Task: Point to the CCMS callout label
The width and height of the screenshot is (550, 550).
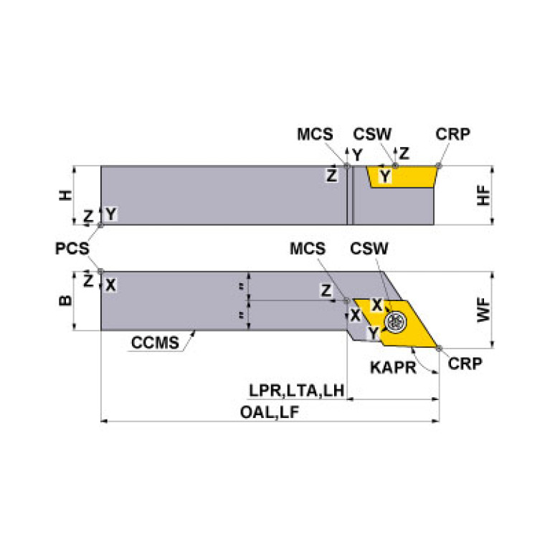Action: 155,342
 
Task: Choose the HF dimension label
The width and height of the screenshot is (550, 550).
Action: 485,195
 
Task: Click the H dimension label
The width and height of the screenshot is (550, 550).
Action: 65,195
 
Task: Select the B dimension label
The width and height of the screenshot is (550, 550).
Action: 65,301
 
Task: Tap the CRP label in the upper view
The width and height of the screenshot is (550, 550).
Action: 452,135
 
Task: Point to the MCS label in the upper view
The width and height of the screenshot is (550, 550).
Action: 315,135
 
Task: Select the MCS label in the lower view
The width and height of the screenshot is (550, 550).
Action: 308,249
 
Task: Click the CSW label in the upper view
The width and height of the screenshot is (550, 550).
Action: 372,135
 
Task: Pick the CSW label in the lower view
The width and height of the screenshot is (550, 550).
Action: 369,249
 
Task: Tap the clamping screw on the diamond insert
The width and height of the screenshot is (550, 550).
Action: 394,321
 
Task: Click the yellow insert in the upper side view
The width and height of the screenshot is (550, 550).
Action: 402,176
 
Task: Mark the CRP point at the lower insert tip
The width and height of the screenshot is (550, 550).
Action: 439,348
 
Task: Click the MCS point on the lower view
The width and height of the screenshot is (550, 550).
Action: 348,300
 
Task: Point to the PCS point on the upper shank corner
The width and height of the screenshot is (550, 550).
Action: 101,224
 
